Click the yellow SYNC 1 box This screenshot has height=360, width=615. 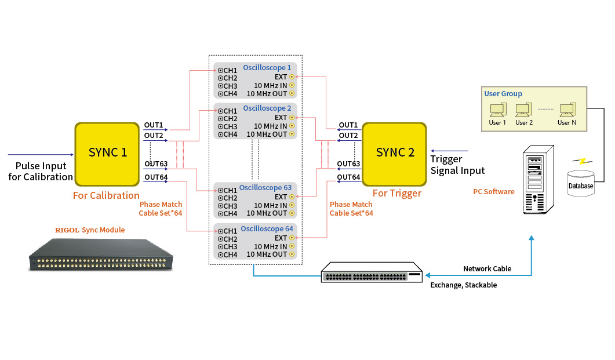pyautogui.click(x=107, y=153)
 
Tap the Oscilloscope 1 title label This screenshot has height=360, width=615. pyautogui.click(x=267, y=68)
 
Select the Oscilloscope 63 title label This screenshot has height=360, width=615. pyautogui.click(x=265, y=188)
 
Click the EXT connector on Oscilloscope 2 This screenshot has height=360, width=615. pyautogui.click(x=292, y=118)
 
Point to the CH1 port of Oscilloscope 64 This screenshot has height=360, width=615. pyautogui.click(x=221, y=231)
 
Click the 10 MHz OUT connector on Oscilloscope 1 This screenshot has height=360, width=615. pyautogui.click(x=292, y=93)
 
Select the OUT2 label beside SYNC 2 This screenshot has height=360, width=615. pyautogui.click(x=348, y=135)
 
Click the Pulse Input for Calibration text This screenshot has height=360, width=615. pyautogui.click(x=41, y=172)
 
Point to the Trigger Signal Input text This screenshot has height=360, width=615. pyautogui.click(x=457, y=165)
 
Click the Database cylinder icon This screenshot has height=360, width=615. pyautogui.click(x=580, y=183)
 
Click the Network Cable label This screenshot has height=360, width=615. pyautogui.click(x=487, y=269)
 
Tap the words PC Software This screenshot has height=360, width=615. pyautogui.click(x=493, y=192)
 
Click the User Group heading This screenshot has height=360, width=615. pyautogui.click(x=503, y=94)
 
